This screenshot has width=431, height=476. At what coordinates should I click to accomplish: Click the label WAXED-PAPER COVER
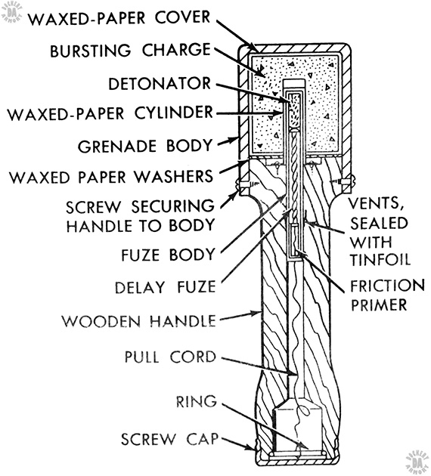119,18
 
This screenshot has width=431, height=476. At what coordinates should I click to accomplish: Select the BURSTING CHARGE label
130,51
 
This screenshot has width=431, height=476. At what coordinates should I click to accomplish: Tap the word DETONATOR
160,83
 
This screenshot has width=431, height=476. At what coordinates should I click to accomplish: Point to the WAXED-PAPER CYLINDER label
110,113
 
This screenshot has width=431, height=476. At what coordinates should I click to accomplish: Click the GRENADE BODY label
145,146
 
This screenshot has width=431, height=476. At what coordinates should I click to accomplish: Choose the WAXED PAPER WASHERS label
111,177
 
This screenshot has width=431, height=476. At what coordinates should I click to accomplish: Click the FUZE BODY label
169,255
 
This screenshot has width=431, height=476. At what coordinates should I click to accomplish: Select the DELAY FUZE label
166,287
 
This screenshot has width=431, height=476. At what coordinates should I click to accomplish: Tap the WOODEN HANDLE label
139,320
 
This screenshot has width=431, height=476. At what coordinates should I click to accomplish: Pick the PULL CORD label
170,357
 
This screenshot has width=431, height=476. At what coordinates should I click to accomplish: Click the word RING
197,401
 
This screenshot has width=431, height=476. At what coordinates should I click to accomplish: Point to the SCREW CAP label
170,439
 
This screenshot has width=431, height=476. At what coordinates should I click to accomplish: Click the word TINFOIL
380,260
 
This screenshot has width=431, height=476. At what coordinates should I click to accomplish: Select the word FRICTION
388,286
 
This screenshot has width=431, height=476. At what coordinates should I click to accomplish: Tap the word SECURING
173,206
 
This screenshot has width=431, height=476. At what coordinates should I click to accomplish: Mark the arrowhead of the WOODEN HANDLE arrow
258,314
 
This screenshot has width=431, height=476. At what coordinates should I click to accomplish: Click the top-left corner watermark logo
12,11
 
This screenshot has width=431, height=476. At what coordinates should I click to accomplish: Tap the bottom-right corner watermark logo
417,463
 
